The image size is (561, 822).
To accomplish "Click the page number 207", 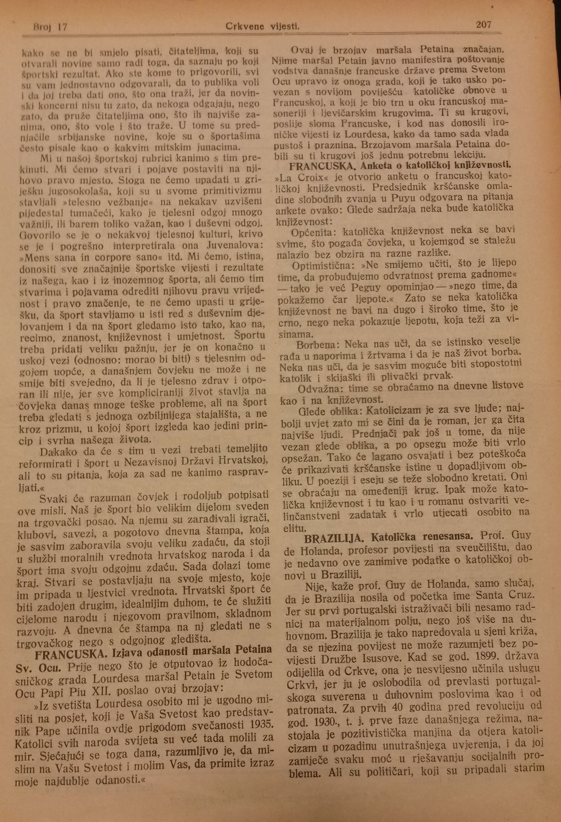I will pyautogui.click(x=483, y=25).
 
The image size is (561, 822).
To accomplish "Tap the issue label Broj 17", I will pyautogui.click(x=50, y=27).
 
